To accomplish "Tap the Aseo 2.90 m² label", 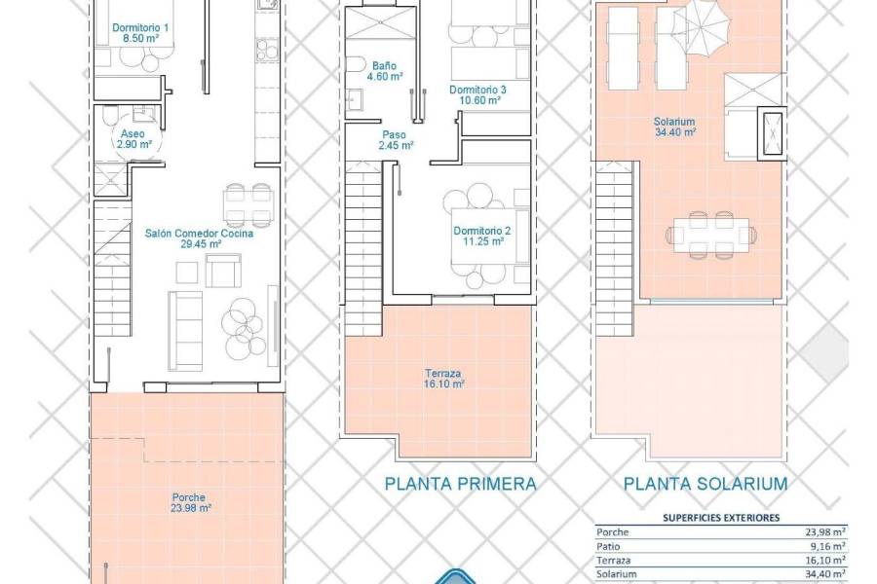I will point(135,139).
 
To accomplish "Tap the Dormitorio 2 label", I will point(481,237).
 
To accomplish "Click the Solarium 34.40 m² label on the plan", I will point(674,128).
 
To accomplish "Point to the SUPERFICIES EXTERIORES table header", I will point(720,518).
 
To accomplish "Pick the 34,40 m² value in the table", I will point(824,576).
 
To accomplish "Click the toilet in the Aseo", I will point(108,121).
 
